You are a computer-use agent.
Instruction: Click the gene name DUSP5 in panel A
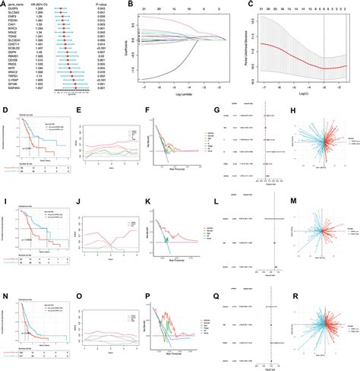click(14, 10)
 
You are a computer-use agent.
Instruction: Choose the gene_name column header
click(16, 5)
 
